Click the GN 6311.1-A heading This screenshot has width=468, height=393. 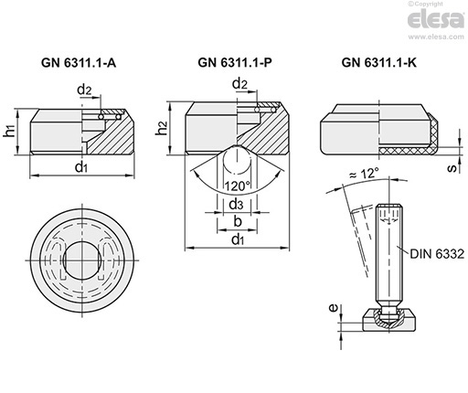tap(79, 63)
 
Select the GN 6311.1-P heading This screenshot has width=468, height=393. tap(235, 62)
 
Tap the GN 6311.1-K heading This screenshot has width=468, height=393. tap(379, 62)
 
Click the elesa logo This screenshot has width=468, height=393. tap(436, 19)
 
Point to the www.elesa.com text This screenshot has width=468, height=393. tap(436, 37)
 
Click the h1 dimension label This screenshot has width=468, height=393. tap(10, 132)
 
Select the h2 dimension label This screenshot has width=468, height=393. tap(162, 128)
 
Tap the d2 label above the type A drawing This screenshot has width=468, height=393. tap(84, 90)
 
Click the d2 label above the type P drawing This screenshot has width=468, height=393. tap(239, 83)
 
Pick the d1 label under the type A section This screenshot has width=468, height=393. tap(81, 167)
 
